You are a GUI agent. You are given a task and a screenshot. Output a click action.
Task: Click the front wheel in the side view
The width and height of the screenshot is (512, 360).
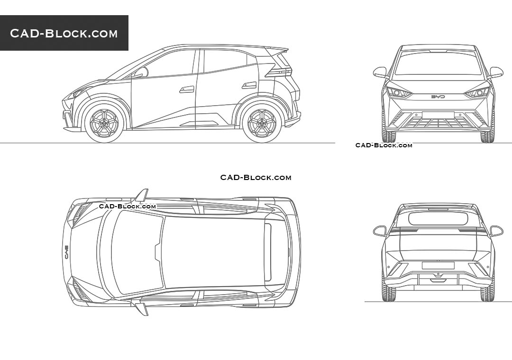104,123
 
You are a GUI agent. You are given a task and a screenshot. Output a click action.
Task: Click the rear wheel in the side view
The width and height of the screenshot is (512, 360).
262,123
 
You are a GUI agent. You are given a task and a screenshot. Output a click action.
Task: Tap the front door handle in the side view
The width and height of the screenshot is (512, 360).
186,89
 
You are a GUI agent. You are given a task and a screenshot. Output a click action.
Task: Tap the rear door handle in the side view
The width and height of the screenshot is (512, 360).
249,85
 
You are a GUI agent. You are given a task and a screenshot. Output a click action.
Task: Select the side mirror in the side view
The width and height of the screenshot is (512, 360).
141,72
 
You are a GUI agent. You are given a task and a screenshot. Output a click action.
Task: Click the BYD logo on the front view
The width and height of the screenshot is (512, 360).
438,97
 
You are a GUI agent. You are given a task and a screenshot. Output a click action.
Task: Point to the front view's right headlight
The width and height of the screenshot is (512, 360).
477,92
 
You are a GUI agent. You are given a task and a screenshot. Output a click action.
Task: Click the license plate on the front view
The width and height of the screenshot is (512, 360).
438,115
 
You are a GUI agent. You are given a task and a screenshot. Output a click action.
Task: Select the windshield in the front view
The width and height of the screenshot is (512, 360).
438,63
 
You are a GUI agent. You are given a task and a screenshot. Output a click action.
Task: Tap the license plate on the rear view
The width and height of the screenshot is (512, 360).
438,265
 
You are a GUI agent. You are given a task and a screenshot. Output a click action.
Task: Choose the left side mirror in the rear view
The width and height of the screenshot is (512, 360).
380,231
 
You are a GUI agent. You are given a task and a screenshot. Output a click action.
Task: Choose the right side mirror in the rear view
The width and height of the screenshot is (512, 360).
496,231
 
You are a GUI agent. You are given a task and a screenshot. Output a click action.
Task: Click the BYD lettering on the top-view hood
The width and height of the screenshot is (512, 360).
66,252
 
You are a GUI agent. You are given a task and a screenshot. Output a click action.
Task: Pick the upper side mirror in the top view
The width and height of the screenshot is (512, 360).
142,195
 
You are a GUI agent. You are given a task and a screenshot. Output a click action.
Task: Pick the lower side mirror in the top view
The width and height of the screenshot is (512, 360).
142,309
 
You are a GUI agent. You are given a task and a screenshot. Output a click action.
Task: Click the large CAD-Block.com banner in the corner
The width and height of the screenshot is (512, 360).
64,33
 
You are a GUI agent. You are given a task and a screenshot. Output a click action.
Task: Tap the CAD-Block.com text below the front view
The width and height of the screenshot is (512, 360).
384,145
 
